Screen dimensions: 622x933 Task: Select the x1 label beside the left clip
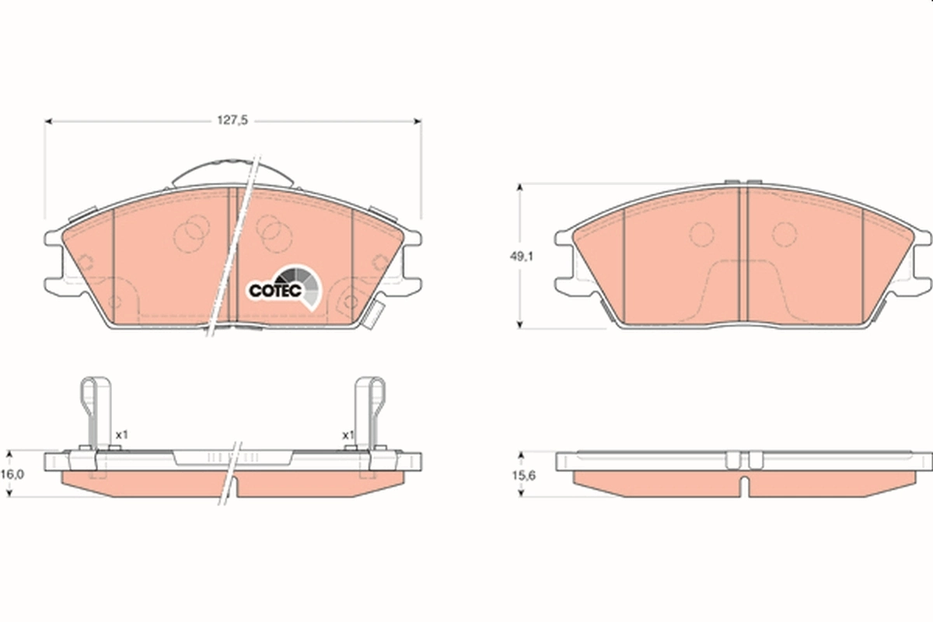121,435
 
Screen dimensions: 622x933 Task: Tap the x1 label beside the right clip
348,435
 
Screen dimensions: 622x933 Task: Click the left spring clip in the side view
96,412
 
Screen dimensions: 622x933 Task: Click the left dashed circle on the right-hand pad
702,234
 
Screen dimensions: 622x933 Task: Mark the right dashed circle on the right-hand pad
784,234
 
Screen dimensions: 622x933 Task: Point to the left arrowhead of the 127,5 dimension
48,121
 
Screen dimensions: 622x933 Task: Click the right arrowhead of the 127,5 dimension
417,121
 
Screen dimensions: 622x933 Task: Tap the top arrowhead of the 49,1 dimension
520,187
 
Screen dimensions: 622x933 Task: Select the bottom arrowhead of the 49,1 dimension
520,324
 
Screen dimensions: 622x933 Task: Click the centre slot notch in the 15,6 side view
743,485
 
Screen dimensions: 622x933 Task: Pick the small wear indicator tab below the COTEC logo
372,314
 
